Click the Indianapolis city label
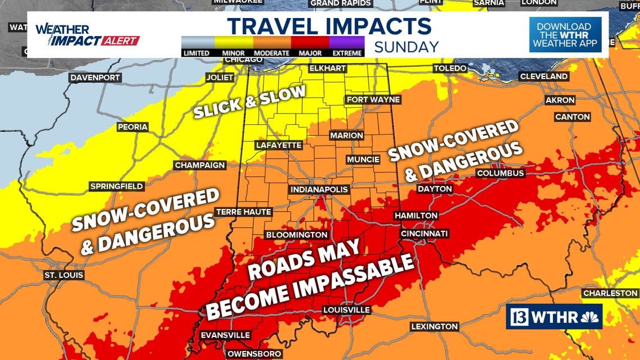319,190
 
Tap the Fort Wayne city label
373,100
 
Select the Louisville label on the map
346,310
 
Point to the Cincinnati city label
424,234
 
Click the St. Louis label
64,275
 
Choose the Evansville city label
225,335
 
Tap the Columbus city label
500,173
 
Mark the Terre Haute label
244,212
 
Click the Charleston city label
610,293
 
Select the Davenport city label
95,78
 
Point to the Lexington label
434,326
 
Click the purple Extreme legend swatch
347,43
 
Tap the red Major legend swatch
310,43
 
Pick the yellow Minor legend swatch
234,43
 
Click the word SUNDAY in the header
406,47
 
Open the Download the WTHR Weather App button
565,35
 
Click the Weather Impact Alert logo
87,35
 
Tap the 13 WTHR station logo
554,317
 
